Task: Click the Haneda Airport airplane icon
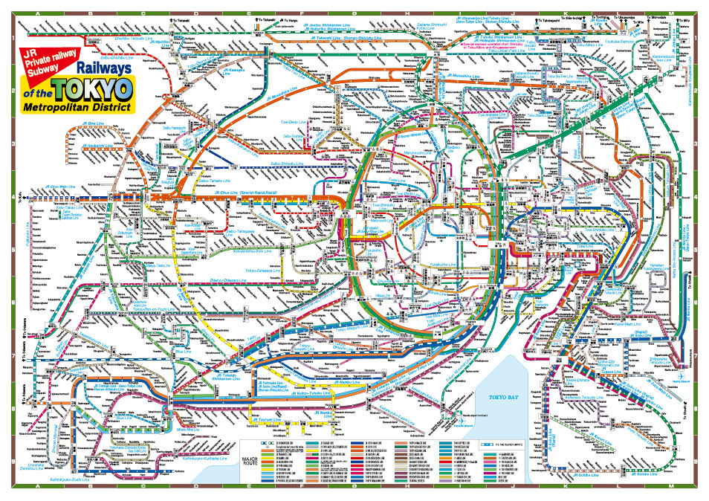462,420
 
